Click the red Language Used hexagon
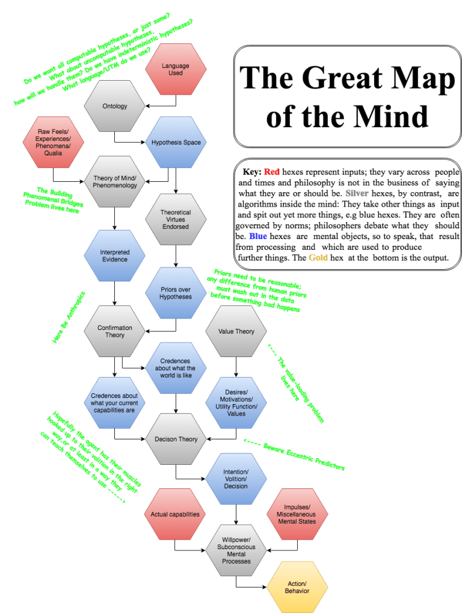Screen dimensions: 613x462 (x=176, y=69)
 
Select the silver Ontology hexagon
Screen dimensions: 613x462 (x=115, y=107)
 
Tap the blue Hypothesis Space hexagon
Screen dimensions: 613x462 (x=176, y=143)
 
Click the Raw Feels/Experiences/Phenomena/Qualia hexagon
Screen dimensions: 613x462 (x=53, y=143)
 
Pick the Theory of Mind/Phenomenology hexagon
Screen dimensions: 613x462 (x=115, y=181)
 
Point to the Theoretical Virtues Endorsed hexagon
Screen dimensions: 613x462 (x=176, y=219)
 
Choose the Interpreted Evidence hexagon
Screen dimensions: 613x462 (x=114, y=255)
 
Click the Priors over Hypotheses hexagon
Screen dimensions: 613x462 (x=176, y=293)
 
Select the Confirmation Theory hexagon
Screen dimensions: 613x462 (x=115, y=331)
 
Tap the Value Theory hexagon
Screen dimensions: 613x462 (x=236, y=331)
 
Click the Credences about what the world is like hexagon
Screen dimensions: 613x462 (x=176, y=368)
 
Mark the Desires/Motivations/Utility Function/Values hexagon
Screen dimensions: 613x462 (x=236, y=402)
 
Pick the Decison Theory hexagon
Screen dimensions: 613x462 (x=176, y=439)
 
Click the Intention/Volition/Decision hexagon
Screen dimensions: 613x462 (x=236, y=479)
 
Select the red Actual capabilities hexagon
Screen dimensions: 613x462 (x=175, y=514)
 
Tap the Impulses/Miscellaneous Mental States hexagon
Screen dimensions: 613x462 (x=297, y=514)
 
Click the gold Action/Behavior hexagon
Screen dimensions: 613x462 (x=297, y=587)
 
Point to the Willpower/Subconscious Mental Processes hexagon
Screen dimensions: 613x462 (x=236, y=550)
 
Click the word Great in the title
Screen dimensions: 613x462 (x=346, y=78)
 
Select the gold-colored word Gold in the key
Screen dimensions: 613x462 (x=319, y=258)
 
